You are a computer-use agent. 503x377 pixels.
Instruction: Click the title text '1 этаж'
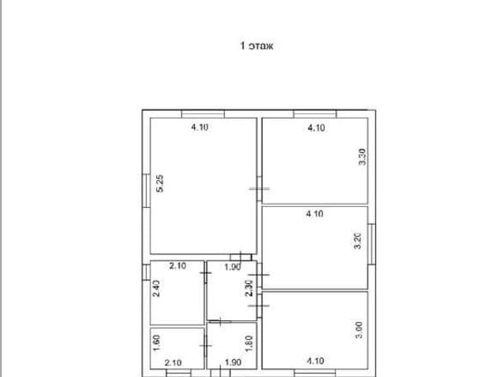(x=257, y=46)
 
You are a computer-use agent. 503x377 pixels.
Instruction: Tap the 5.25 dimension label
(x=160, y=183)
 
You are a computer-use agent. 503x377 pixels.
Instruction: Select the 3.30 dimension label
(x=362, y=157)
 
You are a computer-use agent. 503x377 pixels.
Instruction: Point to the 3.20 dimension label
(x=358, y=241)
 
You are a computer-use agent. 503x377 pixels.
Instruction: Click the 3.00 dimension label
(x=359, y=330)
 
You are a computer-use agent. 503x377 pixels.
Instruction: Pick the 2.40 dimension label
(x=156, y=289)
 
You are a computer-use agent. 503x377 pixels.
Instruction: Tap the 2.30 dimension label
(x=249, y=288)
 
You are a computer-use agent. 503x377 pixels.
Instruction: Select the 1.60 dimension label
(x=156, y=343)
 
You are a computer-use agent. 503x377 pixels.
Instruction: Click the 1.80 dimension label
(x=249, y=344)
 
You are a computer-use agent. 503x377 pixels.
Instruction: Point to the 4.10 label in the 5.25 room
(x=200, y=128)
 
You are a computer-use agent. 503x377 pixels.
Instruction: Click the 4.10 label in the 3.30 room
(x=316, y=128)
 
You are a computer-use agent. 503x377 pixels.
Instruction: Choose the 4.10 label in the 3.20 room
(x=314, y=213)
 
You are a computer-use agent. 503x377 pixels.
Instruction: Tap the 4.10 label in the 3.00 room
(x=315, y=361)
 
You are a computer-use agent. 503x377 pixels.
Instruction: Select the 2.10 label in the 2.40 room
(x=178, y=266)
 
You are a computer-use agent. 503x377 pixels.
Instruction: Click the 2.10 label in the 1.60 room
(x=173, y=363)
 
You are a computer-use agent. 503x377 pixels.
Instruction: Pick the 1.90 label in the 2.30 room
(x=233, y=267)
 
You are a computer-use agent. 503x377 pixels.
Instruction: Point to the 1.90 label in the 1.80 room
(x=233, y=363)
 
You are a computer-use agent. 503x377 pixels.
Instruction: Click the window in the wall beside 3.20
(x=372, y=244)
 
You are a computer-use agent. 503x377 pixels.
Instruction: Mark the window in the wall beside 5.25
(x=146, y=190)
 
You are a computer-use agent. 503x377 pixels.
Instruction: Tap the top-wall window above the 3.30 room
(x=315, y=114)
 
